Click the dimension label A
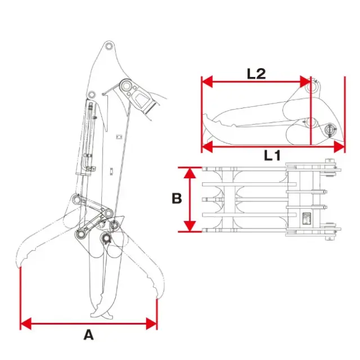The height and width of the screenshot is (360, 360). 89,335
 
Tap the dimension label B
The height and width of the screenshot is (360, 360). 177,199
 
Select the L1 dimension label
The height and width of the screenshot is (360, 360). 272,155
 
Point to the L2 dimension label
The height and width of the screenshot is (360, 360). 256,74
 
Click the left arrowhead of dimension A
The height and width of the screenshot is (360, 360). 26,324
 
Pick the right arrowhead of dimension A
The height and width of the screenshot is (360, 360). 152,324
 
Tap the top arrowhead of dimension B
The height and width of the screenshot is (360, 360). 190,173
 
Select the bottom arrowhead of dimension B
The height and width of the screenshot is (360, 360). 190,226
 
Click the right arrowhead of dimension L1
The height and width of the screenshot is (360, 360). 339,147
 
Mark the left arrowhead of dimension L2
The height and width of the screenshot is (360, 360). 207,82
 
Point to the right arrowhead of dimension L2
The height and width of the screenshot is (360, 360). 305,82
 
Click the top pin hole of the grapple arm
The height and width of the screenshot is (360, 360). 109,46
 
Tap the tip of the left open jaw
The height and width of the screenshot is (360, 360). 20,267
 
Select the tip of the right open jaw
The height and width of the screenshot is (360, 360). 157,298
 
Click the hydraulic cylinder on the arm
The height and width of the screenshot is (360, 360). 86,138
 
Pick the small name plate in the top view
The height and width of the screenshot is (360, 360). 307,218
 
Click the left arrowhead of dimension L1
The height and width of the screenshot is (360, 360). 207,147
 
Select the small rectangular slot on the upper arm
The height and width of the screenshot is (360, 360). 119,137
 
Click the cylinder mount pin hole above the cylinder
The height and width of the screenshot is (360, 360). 92,94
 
